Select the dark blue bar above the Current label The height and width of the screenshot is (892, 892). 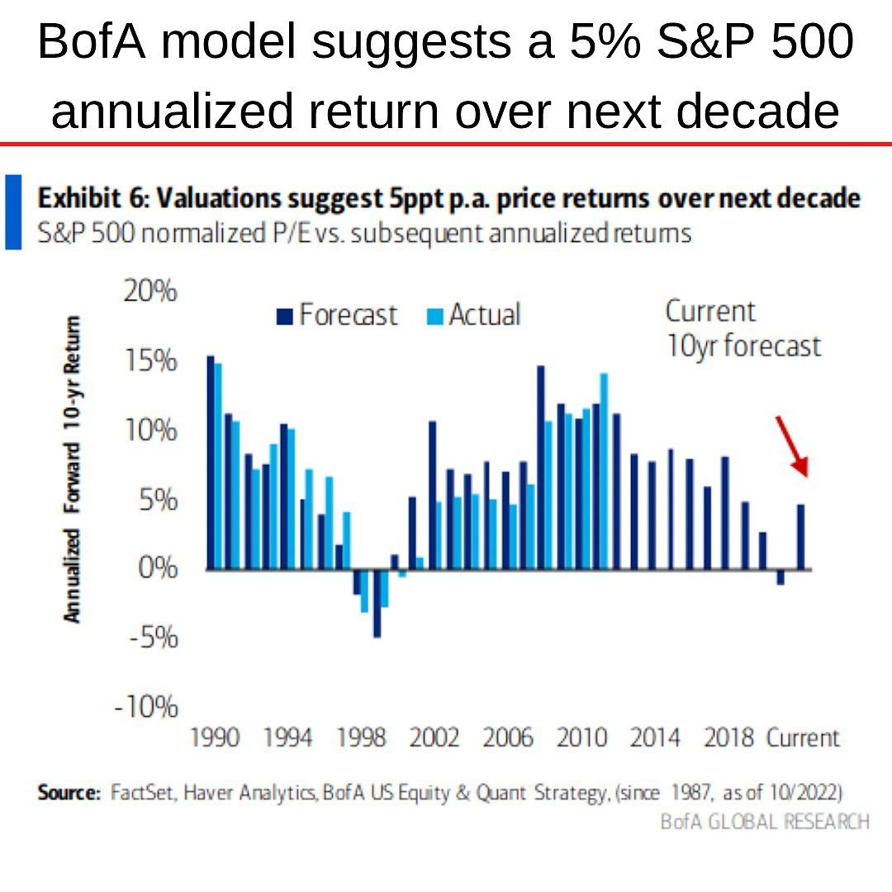click(800, 537)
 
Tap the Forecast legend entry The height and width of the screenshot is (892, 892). click(337, 315)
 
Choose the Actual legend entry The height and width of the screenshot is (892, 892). click(475, 315)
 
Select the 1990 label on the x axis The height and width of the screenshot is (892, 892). click(216, 737)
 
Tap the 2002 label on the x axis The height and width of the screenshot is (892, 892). click(434, 737)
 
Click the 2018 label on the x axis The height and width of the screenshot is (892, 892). click(728, 737)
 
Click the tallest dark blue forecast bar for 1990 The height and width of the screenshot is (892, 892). click(211, 463)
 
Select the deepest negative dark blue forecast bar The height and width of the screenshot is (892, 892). click(377, 603)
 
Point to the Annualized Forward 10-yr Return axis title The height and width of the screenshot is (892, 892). click(74, 469)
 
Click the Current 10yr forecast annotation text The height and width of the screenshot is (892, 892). click(742, 329)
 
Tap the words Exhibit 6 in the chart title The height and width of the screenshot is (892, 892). click(90, 199)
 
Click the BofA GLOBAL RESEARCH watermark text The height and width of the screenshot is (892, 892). click(764, 821)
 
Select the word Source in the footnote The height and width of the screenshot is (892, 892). click(68, 793)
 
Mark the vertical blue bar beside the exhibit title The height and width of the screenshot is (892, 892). click(13, 211)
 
